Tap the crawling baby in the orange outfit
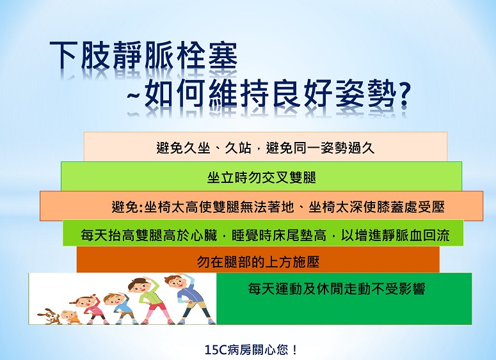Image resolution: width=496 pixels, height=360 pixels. pyautogui.click(x=70, y=317)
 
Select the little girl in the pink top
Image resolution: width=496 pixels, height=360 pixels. pyautogui.click(x=92, y=309)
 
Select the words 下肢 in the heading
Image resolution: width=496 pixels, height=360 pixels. pyautogui.click(x=80, y=56)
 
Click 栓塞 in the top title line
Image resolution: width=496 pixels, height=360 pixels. pyautogui.click(x=206, y=56)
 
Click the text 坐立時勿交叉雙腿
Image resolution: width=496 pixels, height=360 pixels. pyautogui.click(x=262, y=177)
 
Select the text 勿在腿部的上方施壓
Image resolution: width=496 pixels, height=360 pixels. pyautogui.click(x=258, y=262)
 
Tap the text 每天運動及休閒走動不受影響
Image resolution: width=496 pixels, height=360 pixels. pyautogui.click(x=337, y=288)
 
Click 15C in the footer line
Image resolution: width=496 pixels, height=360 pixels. pyautogui.click(x=216, y=350)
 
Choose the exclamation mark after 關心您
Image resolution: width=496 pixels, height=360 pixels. pyautogui.click(x=294, y=350)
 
